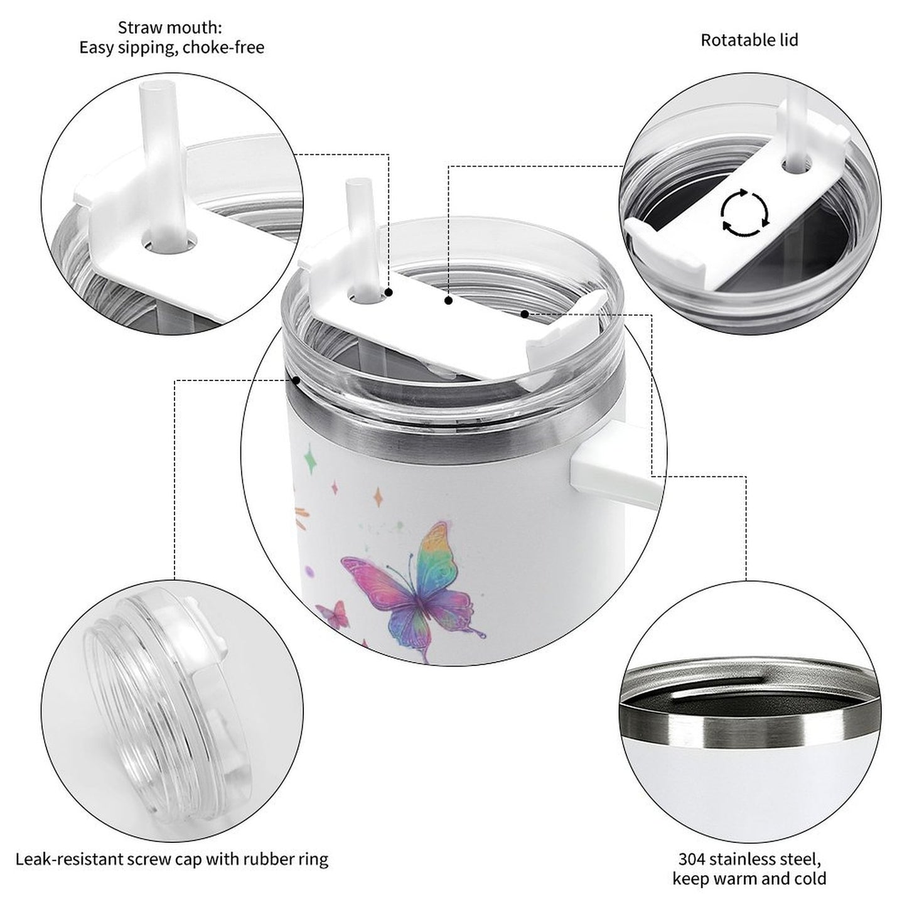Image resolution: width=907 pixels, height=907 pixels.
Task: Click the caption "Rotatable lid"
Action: pos(749,40)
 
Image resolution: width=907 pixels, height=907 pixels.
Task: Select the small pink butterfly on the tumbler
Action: pos(333,614)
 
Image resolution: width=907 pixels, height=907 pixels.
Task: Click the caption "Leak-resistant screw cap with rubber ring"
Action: pos(172,858)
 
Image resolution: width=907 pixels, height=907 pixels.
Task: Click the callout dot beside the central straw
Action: pos(389,292)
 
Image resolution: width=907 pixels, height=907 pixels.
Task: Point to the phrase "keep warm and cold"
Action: pos(749,878)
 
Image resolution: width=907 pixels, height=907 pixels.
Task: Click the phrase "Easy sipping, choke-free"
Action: pos(171,47)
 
